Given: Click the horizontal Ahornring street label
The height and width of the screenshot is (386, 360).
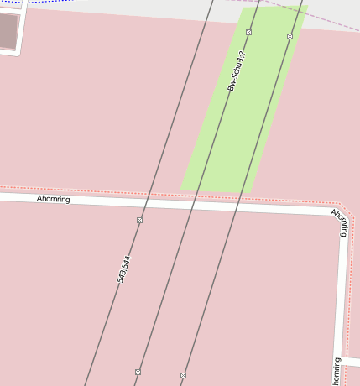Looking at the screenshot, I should pos(54,200).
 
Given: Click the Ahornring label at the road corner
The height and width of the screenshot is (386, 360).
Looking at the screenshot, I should pos(340,222).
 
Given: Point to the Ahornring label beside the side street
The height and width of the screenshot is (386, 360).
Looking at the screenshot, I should pos(337,371).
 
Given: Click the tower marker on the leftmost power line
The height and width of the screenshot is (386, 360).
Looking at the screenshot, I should pos(139,220).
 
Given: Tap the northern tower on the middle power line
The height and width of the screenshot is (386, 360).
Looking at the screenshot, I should pos(248,32).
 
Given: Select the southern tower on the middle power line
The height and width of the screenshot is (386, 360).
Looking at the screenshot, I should pos(138,371).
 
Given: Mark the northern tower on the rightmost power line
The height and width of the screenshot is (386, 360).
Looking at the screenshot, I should pos(290,36).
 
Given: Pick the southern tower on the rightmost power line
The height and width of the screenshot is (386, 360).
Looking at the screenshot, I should pos(183,374).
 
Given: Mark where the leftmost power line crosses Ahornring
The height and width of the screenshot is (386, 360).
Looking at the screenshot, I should pos(144,203).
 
